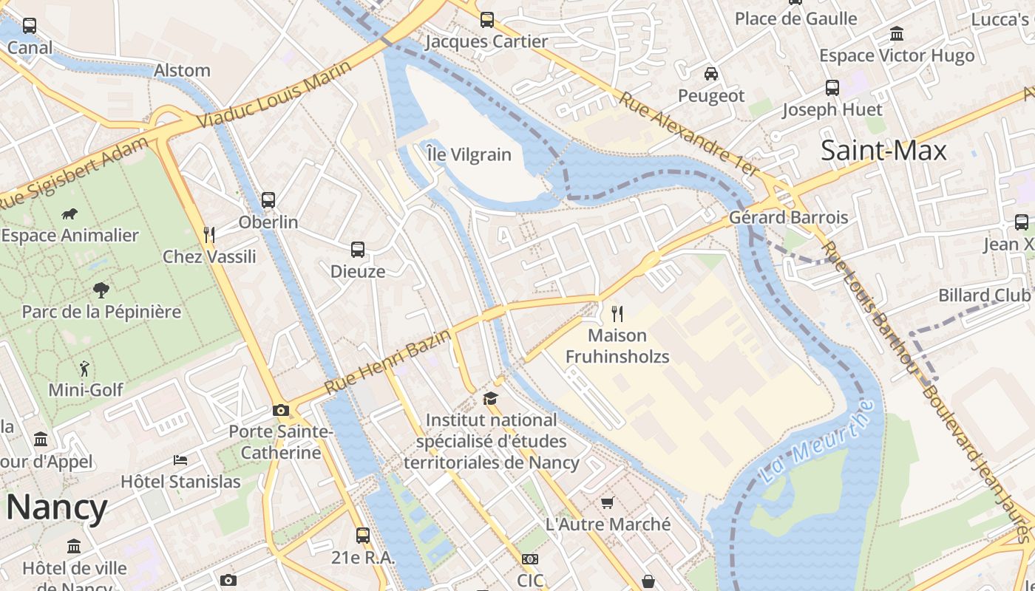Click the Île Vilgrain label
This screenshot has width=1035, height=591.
[469, 154]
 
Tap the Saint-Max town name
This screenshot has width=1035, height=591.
[883, 151]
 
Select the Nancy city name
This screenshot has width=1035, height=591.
[57, 508]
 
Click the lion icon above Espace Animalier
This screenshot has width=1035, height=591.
[70, 214]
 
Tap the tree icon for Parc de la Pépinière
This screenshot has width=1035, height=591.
[101, 290]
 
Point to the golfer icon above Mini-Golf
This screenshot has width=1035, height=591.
[85, 368]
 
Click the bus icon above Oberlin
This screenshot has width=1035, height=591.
[268, 200]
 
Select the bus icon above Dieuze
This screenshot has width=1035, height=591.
[358, 250]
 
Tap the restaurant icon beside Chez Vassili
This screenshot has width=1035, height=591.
[209, 235]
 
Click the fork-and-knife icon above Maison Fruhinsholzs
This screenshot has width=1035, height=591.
[617, 314]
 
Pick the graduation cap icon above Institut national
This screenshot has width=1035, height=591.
[490, 399]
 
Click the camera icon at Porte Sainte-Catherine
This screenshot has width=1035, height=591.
[281, 410]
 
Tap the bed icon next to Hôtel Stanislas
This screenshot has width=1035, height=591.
[180, 460]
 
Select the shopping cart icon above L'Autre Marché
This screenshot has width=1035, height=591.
[608, 503]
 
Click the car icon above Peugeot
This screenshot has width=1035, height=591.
[710, 74]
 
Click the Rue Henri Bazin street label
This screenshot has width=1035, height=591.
[387, 361]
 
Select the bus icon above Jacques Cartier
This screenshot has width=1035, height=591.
[486, 20]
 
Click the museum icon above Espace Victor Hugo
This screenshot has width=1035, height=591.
[897, 34]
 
